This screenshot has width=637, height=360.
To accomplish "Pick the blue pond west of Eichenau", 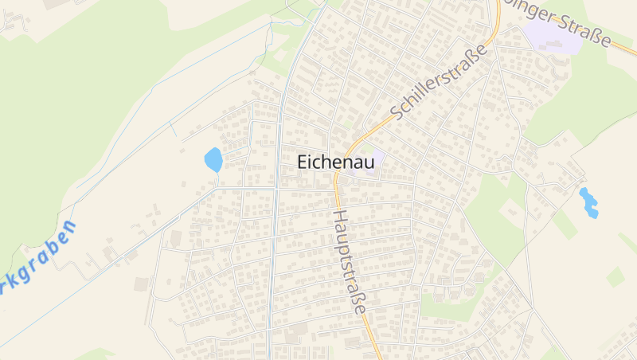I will tap(213, 160).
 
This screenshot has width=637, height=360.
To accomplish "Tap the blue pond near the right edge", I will tap(588, 202).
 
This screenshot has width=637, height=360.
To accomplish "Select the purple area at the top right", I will tap(551, 37).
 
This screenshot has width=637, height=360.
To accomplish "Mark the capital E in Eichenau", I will tap(303, 161).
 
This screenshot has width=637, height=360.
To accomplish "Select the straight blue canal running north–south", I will tap(276, 239).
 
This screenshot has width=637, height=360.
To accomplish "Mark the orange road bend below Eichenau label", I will tap(338, 180).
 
